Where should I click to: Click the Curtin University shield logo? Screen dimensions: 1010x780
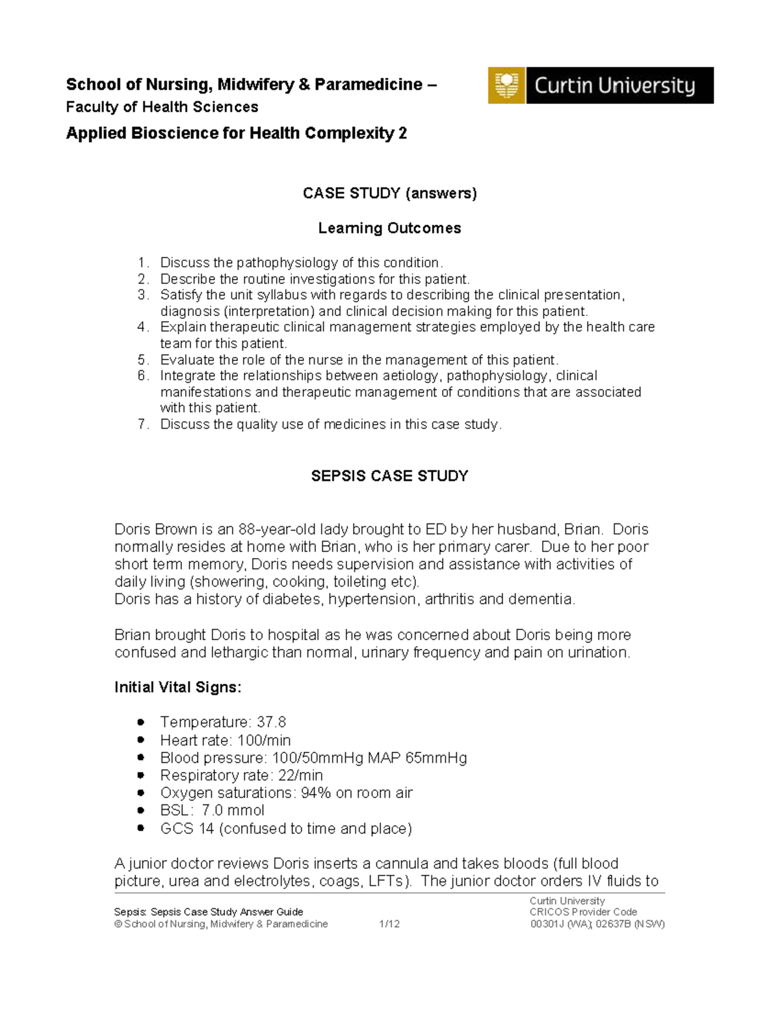click(506, 85)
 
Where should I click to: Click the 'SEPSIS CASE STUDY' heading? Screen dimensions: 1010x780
click(389, 476)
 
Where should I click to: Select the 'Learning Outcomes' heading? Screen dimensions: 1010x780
click(389, 228)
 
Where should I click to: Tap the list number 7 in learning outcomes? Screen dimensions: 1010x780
click(143, 425)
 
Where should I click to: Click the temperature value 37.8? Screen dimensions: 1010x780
click(272, 723)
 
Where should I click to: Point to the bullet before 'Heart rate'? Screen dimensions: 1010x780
click(140, 740)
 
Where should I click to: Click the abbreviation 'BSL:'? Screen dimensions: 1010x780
click(176, 811)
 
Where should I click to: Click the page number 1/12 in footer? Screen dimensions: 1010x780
click(389, 924)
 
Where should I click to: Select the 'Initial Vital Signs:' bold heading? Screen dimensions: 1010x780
click(177, 687)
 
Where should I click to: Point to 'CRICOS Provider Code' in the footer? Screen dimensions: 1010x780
click(583, 912)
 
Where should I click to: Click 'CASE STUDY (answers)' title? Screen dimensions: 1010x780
click(389, 193)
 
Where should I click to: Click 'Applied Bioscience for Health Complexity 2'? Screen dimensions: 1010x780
click(236, 134)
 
